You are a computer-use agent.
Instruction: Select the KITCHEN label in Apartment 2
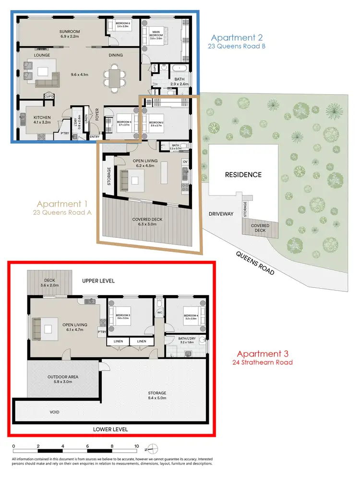pyautogui.click(x=42, y=117)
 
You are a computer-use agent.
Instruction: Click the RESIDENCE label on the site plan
pyautogui.click(x=243, y=174)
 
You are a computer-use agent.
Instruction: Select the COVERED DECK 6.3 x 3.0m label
pyautogui.click(x=148, y=222)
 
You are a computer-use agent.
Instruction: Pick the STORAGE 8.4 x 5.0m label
pyautogui.click(x=157, y=395)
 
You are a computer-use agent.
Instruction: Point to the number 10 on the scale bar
pyautogui.click(x=137, y=446)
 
